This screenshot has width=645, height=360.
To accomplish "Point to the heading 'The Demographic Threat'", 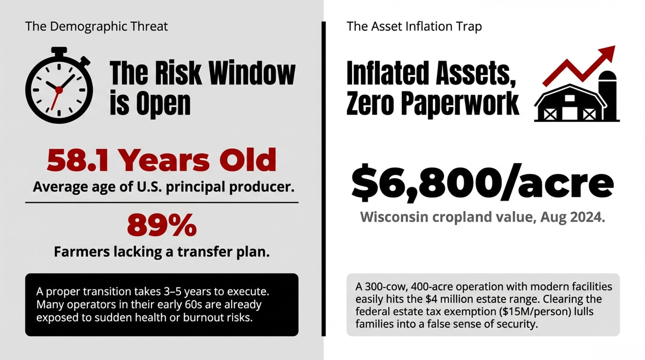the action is click(x=96, y=26).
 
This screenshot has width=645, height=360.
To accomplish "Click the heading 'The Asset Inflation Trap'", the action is click(x=414, y=26).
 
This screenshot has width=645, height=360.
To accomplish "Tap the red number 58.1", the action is click(x=77, y=160).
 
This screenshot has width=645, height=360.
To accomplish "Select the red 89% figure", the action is click(x=162, y=225).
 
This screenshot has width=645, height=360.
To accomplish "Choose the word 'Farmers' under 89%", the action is click(x=82, y=252).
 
